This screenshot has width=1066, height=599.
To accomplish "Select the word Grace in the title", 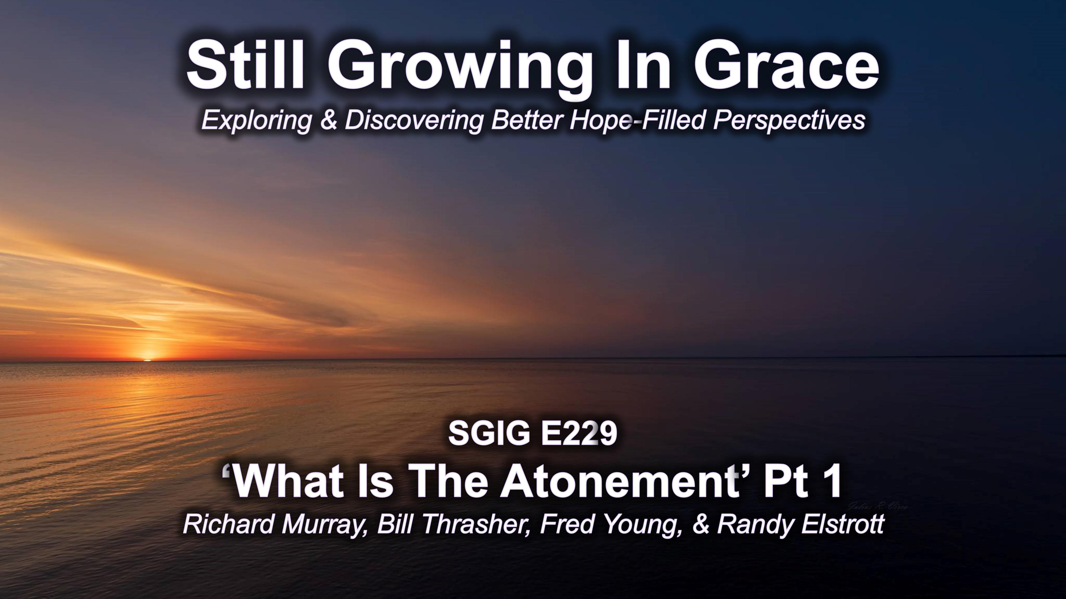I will click(785, 67).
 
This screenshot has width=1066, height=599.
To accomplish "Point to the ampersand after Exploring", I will click(329, 120).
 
